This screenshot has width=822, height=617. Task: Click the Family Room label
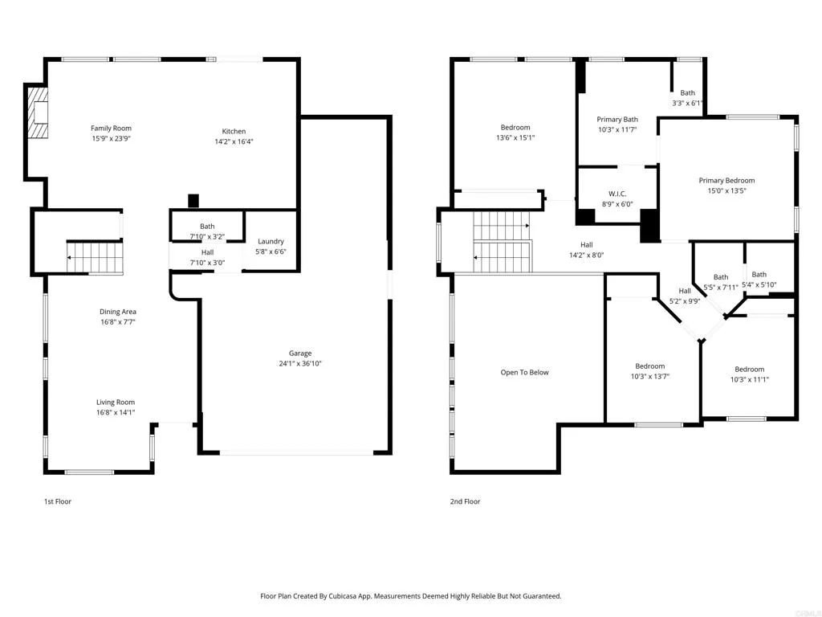coord(111,129)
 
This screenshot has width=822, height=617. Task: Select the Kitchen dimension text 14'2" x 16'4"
coord(234,141)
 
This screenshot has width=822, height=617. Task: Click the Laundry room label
coord(271,241)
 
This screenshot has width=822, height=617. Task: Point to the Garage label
coord(300,353)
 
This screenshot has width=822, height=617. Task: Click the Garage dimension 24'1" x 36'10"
coord(300,363)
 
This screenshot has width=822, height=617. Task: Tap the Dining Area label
coord(117,312)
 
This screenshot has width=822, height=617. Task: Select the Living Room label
coord(116,402)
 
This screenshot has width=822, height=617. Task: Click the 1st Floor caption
coord(57,501)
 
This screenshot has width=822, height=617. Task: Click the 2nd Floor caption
coord(465,501)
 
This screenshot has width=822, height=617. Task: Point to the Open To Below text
coord(524,373)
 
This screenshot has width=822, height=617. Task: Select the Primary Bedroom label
coord(726,181)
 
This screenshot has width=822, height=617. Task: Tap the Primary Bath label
coord(617,120)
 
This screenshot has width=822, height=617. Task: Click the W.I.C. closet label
coord(617,194)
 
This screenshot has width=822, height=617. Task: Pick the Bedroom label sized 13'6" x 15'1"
coord(515,128)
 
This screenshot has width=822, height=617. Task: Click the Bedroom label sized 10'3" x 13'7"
coord(649,366)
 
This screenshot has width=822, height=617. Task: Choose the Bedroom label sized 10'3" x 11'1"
coord(749,370)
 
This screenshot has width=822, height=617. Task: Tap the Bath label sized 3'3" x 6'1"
coord(688,93)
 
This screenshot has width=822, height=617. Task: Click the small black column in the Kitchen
coord(193,201)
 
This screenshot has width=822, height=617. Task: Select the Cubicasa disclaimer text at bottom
coord(410,596)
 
